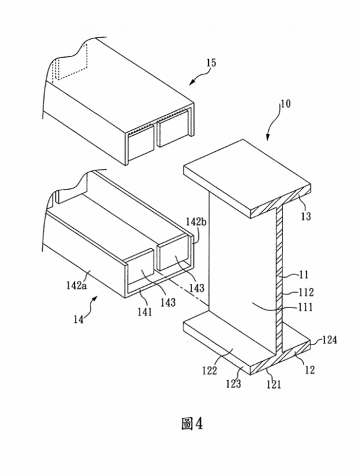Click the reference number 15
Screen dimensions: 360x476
(x=211, y=63)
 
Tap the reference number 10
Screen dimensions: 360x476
(x=285, y=104)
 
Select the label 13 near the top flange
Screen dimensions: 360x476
(x=306, y=216)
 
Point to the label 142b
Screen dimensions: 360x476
(x=196, y=222)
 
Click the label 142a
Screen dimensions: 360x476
(x=76, y=285)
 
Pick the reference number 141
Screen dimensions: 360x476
(x=144, y=312)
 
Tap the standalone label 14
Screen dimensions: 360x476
(x=78, y=319)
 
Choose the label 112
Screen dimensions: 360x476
(x=306, y=292)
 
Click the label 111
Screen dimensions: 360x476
(x=305, y=307)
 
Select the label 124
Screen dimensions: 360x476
(x=330, y=340)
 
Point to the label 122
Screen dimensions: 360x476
(x=209, y=371)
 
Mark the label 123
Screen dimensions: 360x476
(x=233, y=384)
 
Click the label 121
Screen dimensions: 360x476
(x=274, y=385)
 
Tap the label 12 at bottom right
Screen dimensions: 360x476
(x=310, y=370)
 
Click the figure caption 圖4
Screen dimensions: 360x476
(x=192, y=423)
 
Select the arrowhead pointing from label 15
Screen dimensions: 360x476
(x=191, y=83)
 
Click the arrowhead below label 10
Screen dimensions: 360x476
(x=268, y=138)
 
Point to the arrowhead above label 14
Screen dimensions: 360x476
(x=95, y=298)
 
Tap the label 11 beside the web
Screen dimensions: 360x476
(x=304, y=275)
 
